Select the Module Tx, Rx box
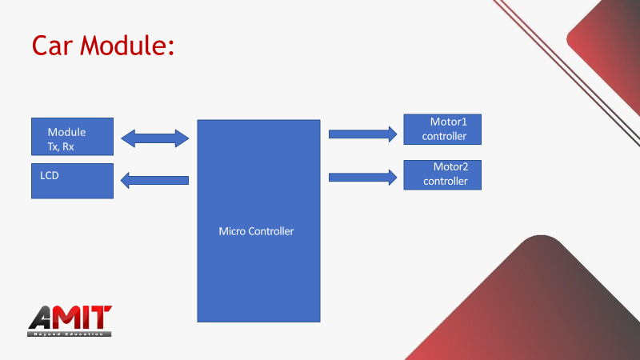point(72,136)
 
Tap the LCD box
point(72,181)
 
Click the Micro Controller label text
point(256,231)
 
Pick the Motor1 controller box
point(442,129)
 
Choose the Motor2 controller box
point(442,174)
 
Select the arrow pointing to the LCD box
point(154,180)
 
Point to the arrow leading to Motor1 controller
point(362,134)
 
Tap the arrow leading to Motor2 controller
point(362,177)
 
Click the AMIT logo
point(70,320)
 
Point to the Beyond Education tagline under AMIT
point(70,333)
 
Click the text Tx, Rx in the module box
point(61,146)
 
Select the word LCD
point(50,174)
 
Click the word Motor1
point(449,122)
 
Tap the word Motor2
point(450,167)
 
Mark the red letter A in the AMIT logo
point(43,318)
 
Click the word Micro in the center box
point(232,231)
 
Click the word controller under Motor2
point(445,182)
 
